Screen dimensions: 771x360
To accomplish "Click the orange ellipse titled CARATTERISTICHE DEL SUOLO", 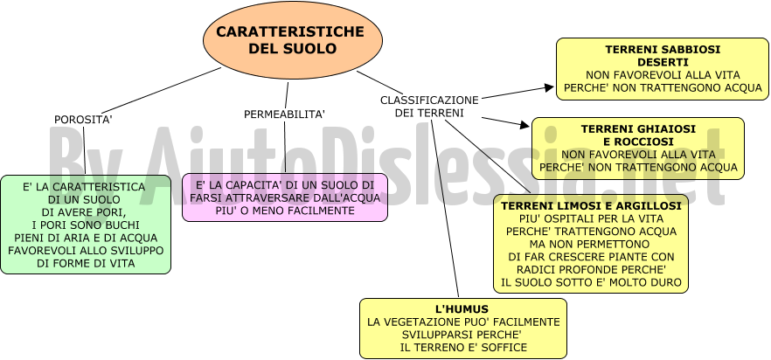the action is (293, 40).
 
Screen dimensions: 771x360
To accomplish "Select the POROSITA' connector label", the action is (84, 120).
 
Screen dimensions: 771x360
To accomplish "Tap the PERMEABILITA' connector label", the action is (285, 114).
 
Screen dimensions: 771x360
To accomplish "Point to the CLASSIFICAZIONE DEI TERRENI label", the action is (429, 107).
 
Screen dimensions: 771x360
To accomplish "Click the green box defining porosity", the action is (86, 225).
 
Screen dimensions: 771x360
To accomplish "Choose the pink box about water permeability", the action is (285, 197).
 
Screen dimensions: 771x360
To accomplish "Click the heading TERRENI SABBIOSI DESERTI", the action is (663, 56).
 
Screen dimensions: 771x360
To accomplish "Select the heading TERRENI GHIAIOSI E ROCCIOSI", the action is (638, 135).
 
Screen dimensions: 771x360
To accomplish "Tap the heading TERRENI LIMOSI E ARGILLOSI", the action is (591, 206).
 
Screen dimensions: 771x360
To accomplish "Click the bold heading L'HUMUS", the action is (462, 309).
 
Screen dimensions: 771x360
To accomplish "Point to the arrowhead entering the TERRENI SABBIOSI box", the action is (549, 87).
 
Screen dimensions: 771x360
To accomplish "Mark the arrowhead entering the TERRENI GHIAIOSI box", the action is (524, 124).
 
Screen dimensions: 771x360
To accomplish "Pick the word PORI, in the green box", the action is (112, 212).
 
